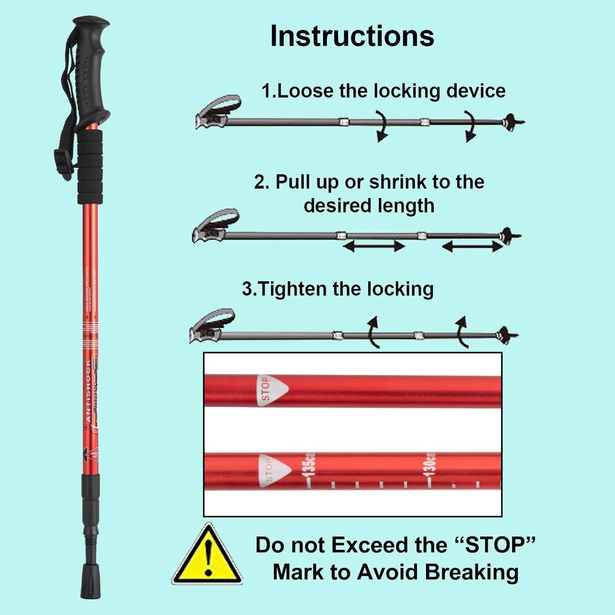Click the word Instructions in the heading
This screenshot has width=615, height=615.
pyautogui.click(x=352, y=36)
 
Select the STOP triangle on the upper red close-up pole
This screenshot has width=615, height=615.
pyautogui.click(x=270, y=389)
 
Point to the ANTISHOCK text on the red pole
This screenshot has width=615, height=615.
pyautogui.click(x=88, y=391)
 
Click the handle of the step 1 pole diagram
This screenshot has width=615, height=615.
pyautogui.click(x=217, y=112)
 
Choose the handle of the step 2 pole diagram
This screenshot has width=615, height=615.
pyautogui.click(x=215, y=226)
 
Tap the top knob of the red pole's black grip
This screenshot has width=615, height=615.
pyautogui.click(x=91, y=22)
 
